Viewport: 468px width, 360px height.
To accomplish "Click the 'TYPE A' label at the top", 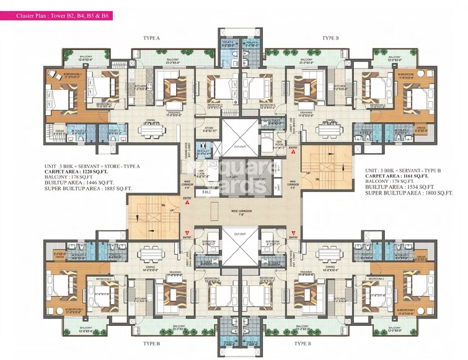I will coord(151,38).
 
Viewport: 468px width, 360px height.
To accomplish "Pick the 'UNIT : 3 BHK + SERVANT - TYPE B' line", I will coord(406,169).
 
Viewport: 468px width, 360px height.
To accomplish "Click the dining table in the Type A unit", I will coord(150,132).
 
